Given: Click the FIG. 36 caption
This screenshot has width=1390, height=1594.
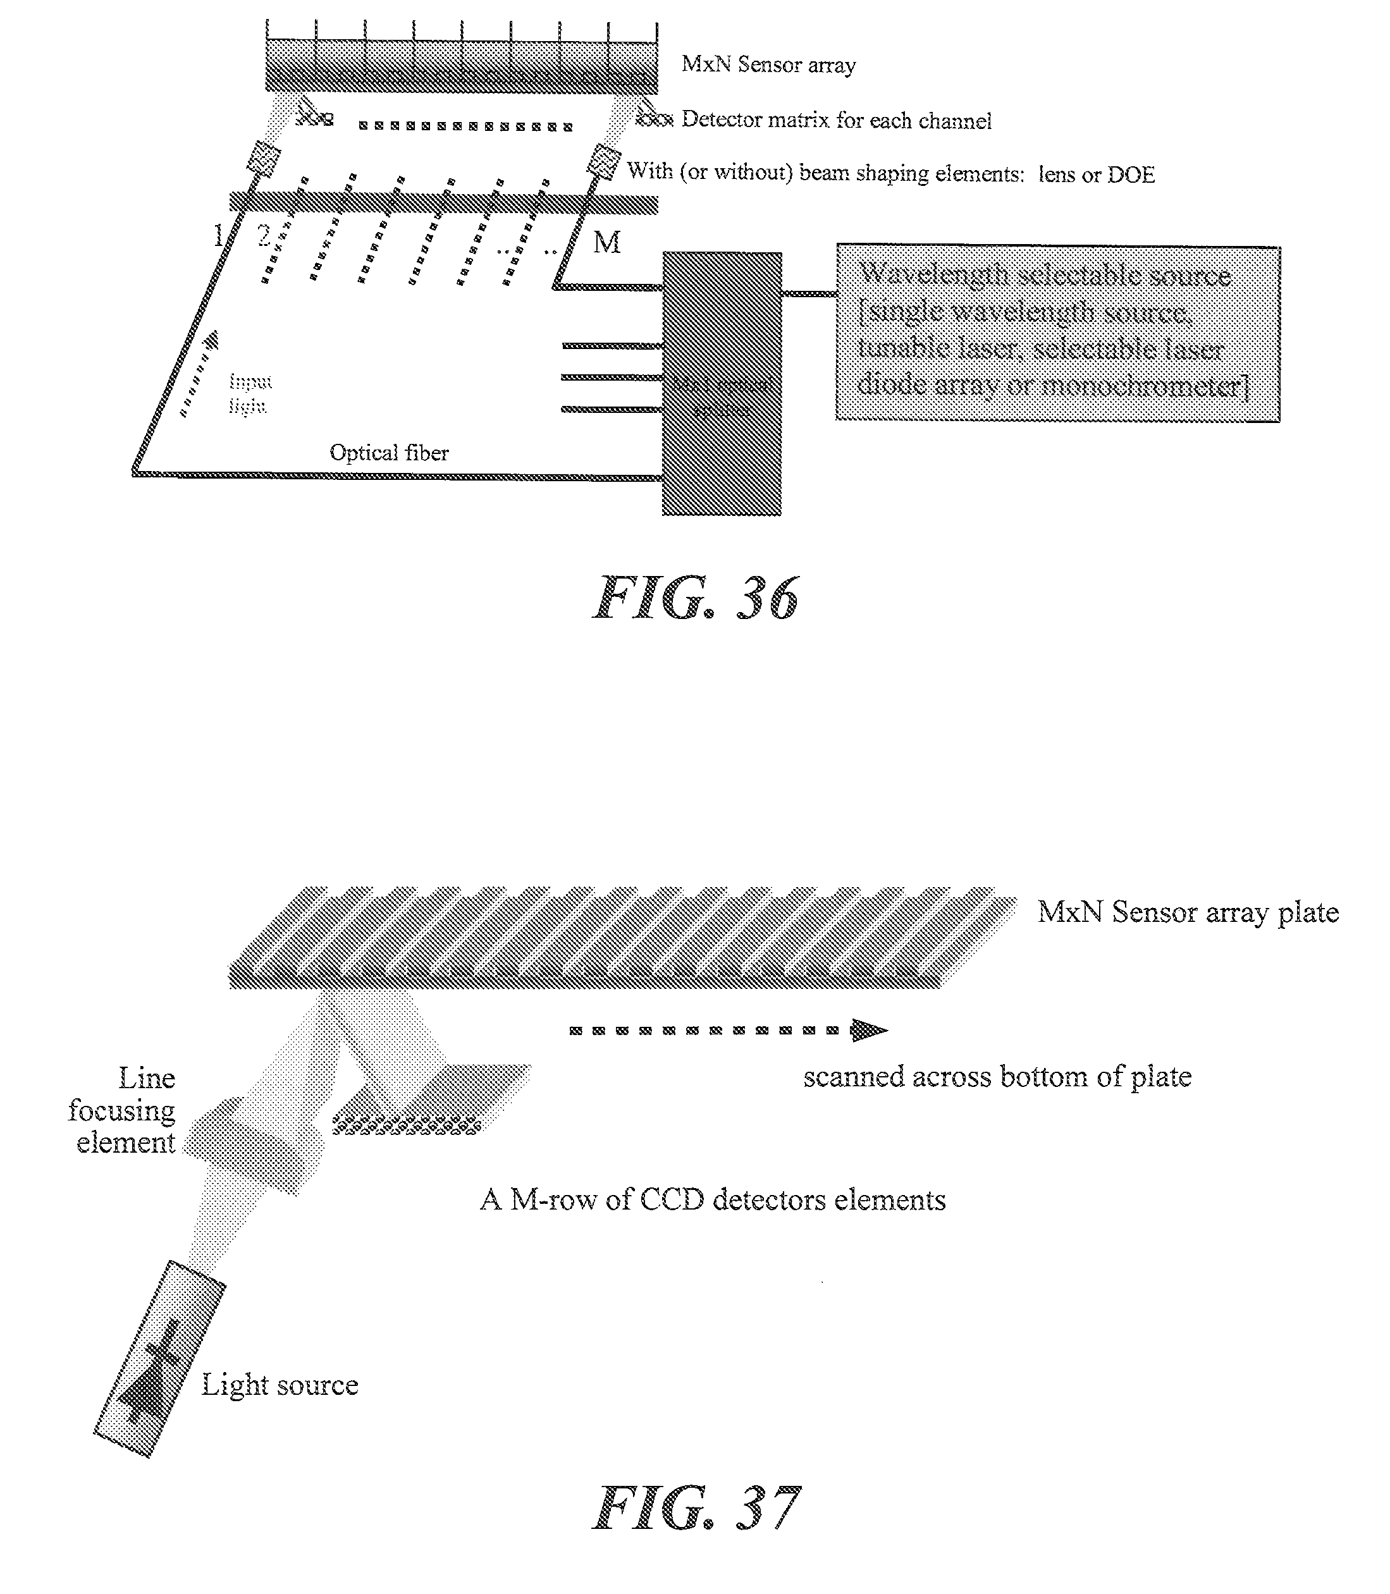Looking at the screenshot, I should pos(696,598).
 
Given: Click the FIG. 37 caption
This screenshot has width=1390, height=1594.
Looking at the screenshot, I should pos(696,1508).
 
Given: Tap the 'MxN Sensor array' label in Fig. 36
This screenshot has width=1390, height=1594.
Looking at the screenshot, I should pos(768,64).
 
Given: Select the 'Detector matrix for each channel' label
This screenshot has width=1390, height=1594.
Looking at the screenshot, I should pos(836,120).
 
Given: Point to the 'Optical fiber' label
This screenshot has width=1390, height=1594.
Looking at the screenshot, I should pos(389,452).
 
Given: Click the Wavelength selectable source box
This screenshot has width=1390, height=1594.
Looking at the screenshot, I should pos(1057,334).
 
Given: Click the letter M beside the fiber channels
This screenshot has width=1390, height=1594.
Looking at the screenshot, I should pos(606,243).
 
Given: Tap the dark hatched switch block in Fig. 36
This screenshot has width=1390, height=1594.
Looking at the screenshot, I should pos(722,383).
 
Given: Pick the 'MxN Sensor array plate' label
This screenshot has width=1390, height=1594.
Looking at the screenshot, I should pos(1188,912).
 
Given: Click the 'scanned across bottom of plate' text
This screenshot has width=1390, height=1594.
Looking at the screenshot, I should pos(997,1077).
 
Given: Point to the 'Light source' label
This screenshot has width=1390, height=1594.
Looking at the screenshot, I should pos(280,1385).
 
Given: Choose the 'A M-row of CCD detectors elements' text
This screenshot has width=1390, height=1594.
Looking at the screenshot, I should pos(713,1200).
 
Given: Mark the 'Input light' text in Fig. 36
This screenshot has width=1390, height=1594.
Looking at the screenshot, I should pos(250,393).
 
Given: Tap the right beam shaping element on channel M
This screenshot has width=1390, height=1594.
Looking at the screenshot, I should pos(603,162).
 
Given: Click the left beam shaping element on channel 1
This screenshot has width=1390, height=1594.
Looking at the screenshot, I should pos(264,161).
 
